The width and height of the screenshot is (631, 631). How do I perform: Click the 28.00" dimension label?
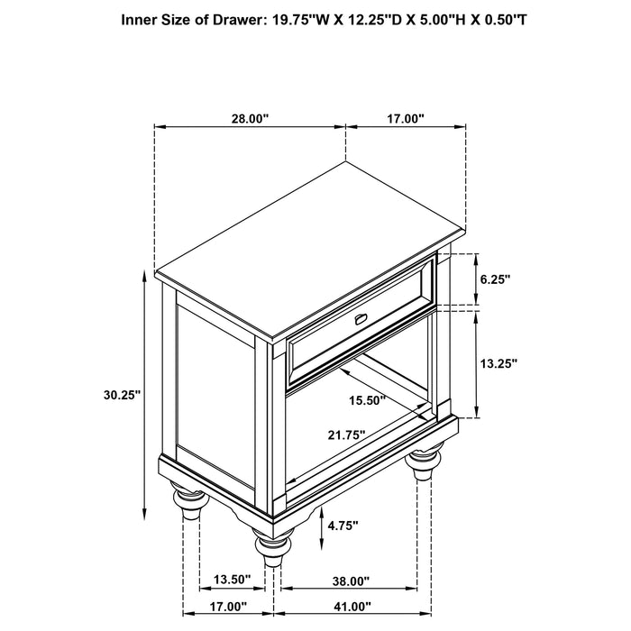(250, 119)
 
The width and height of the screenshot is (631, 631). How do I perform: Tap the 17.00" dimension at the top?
(406, 119)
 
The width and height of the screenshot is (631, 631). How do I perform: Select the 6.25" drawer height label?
(495, 280)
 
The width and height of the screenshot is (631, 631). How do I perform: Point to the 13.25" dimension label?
(497, 363)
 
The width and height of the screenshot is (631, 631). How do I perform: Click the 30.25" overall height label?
(123, 394)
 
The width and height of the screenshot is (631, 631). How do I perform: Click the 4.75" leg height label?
(343, 524)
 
